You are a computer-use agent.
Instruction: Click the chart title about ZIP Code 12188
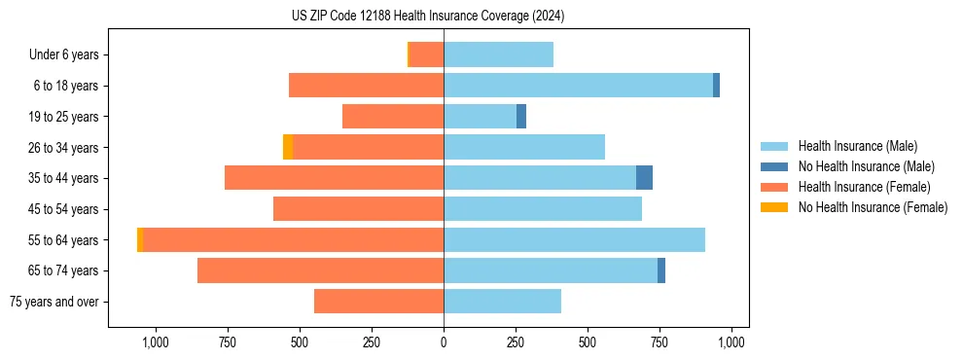pos(428,17)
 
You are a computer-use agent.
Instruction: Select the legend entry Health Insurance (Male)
pos(856,146)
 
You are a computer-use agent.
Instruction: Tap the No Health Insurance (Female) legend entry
pos(873,207)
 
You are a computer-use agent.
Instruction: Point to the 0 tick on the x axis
pos(444,342)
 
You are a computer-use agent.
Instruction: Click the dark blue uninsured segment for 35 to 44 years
pos(644,178)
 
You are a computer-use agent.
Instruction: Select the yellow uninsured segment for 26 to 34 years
pos(288,147)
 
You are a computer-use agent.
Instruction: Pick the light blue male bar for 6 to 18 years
pos(578,86)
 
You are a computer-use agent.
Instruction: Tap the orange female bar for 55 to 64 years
pos(293,239)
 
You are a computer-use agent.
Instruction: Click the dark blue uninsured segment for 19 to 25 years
pos(521,117)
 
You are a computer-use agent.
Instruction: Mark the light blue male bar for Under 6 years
pos(498,54)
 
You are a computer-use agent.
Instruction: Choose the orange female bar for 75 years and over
pos(378,302)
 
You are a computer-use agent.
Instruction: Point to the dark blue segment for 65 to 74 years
pos(661,270)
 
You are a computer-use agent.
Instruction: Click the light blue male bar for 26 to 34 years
pos(524,147)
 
